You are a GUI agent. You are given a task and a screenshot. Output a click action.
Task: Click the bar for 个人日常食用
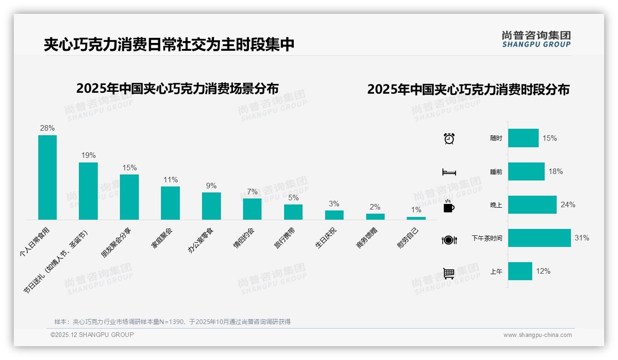(48, 177)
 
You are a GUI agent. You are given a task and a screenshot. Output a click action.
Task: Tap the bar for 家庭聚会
(170, 203)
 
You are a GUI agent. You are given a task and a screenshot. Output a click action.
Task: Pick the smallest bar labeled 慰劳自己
(416, 218)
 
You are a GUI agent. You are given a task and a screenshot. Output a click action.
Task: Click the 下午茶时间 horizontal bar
(539, 238)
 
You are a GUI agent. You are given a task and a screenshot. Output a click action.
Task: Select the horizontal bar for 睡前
(526, 172)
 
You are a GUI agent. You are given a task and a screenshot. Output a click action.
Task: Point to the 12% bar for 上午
(520, 271)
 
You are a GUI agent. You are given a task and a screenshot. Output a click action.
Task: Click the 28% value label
(48, 128)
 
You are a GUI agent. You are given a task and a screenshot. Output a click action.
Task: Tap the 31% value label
(582, 238)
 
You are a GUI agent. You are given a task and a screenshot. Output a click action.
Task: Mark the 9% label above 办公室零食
(211, 186)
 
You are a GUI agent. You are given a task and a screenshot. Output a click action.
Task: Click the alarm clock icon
(449, 138)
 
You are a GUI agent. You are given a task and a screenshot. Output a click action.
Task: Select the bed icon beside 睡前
(449, 172)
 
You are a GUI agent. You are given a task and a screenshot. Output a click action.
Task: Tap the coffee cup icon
(449, 206)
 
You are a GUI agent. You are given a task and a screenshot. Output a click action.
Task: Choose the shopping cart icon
(449, 273)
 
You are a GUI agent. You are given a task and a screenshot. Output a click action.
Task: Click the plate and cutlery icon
(449, 240)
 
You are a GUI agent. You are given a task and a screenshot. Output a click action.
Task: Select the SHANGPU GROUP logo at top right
(536, 39)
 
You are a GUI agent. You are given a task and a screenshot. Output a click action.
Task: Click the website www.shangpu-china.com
(537, 335)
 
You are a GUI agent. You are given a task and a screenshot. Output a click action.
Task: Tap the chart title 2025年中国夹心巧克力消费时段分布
(468, 90)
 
